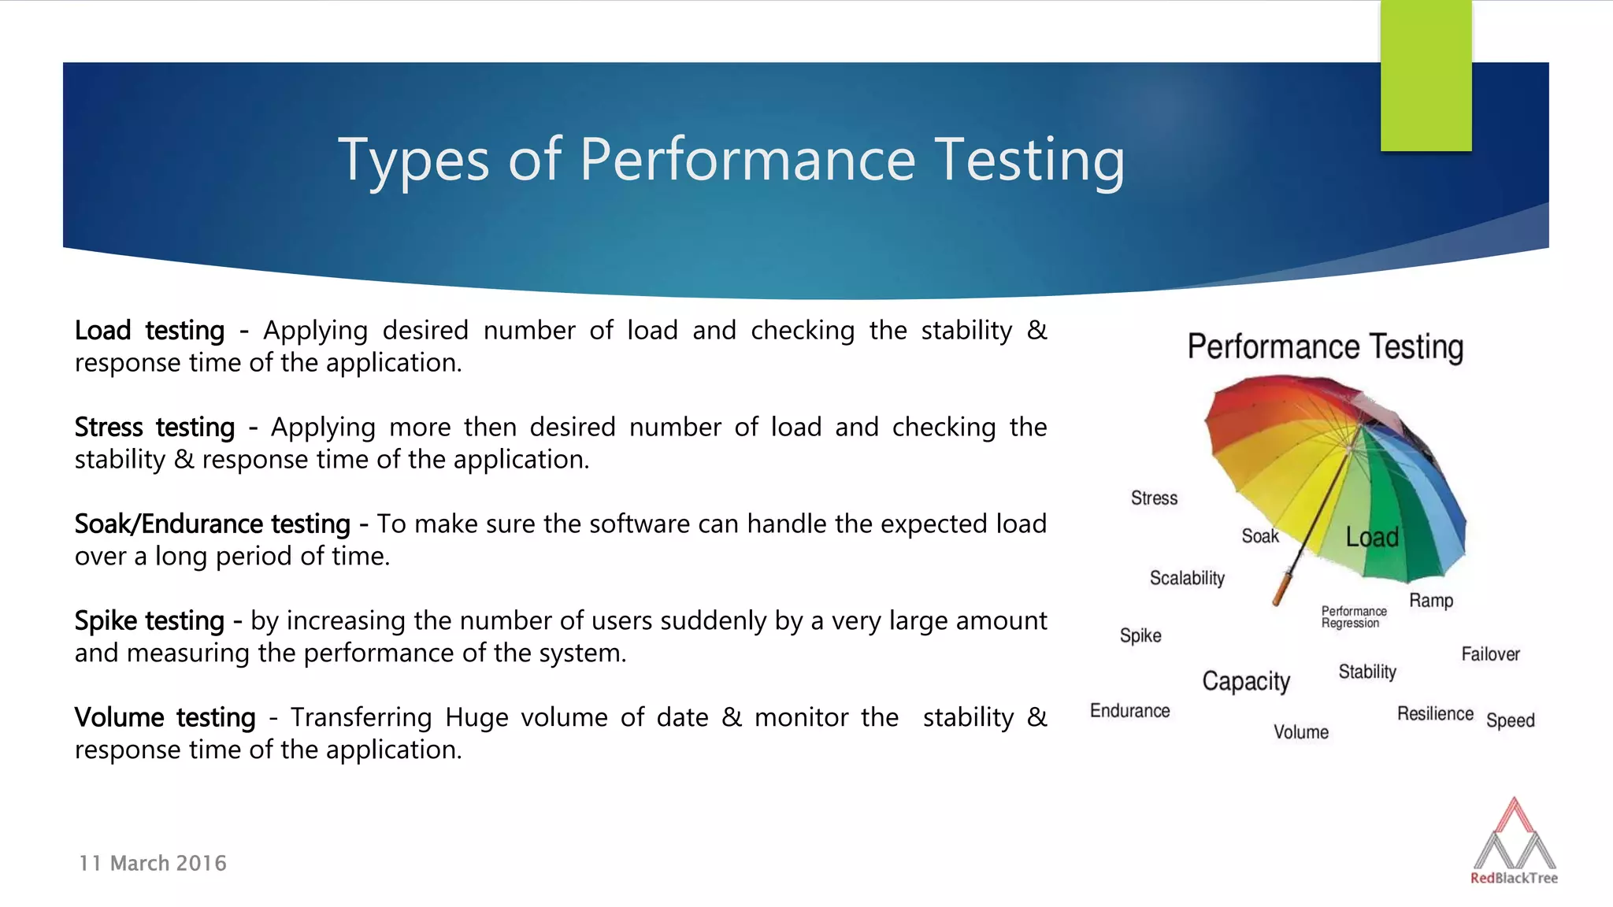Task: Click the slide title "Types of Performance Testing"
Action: tap(731, 160)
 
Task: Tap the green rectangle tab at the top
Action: tap(1426, 76)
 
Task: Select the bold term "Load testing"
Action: tap(150, 331)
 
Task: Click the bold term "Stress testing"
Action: tap(154, 428)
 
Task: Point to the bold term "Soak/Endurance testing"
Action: tap(212, 524)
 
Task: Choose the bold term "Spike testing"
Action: tap(150, 621)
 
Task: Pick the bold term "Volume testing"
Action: tap(165, 718)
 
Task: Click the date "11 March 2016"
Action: tap(153, 864)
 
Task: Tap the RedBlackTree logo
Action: tap(1514, 842)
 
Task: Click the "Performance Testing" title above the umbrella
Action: tap(1326, 347)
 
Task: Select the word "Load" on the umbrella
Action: tap(1372, 538)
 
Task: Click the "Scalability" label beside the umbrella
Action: tap(1187, 579)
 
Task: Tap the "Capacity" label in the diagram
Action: tap(1246, 681)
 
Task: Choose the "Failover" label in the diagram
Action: tap(1490, 654)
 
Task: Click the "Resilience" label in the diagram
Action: tap(1435, 714)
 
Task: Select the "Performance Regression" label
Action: tap(1354, 617)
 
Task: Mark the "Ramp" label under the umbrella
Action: tap(1431, 601)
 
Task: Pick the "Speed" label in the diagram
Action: tap(1510, 720)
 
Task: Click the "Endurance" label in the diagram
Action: tap(1129, 711)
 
